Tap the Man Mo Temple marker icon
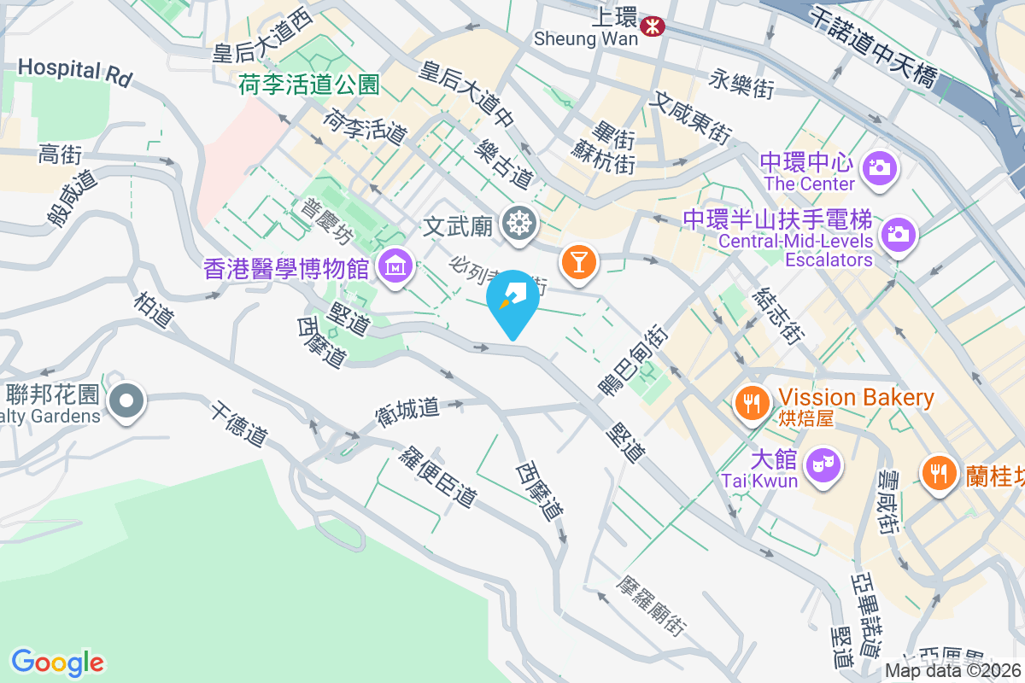click(x=518, y=225)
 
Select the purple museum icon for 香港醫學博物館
click(x=396, y=268)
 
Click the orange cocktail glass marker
click(x=578, y=261)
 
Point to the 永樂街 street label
click(x=741, y=85)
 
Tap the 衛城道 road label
click(x=407, y=412)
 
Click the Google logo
click(x=57, y=663)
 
